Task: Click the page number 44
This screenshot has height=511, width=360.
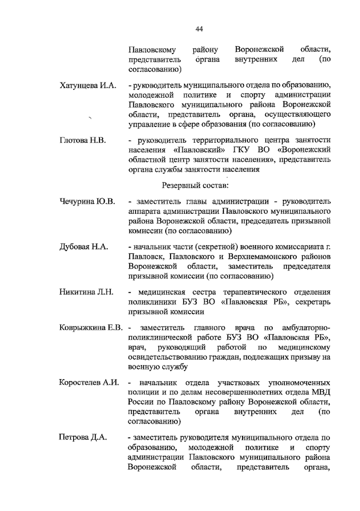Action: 199,29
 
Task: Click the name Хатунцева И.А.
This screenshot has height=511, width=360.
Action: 88,86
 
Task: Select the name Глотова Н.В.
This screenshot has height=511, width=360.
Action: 82,140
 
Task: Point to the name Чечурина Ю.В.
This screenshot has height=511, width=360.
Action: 87,201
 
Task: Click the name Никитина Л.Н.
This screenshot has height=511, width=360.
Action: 86,292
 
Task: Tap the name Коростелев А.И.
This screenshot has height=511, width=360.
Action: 89,383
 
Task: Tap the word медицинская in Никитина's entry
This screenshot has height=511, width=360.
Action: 161,292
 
